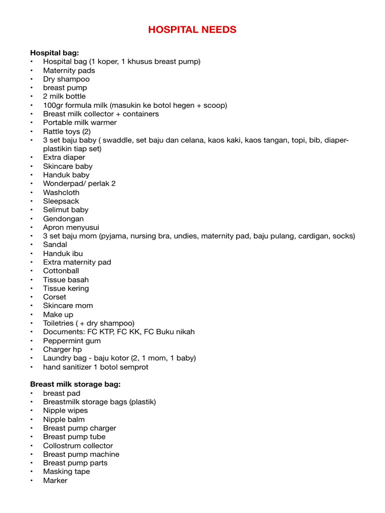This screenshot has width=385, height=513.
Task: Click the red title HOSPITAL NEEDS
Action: coord(192,30)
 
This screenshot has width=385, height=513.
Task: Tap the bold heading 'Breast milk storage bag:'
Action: coord(75,384)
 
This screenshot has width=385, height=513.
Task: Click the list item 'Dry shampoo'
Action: coord(66,79)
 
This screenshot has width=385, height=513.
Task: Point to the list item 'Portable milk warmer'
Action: coord(80,123)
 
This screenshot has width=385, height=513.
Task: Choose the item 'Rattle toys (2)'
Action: coord(67,131)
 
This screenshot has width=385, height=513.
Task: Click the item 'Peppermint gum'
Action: coord(72,341)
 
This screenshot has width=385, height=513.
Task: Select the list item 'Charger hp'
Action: coord(62,349)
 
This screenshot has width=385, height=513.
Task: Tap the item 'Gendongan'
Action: coord(63,218)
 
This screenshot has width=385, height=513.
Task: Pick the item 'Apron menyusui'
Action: coord(71,227)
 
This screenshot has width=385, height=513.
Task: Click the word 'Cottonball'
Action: coord(61,271)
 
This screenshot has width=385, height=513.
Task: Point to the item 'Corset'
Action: coord(55,297)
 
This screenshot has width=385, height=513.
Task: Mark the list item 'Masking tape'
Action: coord(67,471)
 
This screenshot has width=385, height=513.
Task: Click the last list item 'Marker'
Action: coord(55,480)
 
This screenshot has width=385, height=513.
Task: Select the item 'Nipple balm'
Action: coord(64,419)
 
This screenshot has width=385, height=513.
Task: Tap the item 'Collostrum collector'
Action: coord(78,445)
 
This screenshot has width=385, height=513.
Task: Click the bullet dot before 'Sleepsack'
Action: coord(32,201)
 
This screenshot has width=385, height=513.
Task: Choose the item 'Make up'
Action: coord(58,315)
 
